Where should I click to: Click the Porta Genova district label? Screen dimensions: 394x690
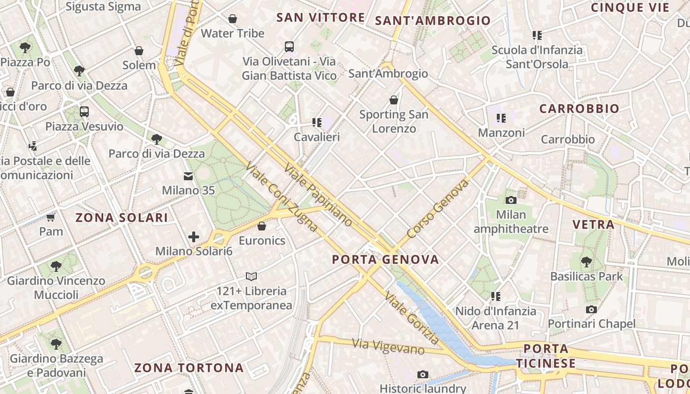(385, 260)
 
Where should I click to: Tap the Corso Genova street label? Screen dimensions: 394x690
(438, 209)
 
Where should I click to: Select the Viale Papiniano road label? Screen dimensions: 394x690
(318, 196)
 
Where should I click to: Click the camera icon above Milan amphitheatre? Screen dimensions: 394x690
(511, 200)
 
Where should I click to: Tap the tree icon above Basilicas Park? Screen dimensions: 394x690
(586, 262)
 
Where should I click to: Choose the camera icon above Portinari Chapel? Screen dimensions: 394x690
(591, 309)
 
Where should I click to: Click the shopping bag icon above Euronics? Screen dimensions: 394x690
(262, 226)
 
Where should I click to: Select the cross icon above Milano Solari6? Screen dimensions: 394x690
(194, 237)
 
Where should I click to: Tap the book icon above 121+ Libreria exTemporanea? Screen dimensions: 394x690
(251, 276)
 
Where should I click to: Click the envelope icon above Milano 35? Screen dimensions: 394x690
(188, 176)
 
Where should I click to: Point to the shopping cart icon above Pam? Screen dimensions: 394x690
(51, 217)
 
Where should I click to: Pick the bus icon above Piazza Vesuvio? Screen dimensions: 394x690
(84, 112)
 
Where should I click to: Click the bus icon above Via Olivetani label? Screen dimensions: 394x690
(289, 47)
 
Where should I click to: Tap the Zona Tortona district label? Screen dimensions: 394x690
(189, 368)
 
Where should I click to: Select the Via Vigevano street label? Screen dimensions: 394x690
(388, 346)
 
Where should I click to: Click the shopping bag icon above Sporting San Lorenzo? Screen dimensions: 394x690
(394, 100)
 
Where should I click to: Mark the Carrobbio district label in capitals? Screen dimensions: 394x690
(579, 109)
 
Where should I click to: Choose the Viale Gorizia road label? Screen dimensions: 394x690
(412, 318)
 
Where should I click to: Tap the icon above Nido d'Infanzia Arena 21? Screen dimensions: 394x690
(496, 296)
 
